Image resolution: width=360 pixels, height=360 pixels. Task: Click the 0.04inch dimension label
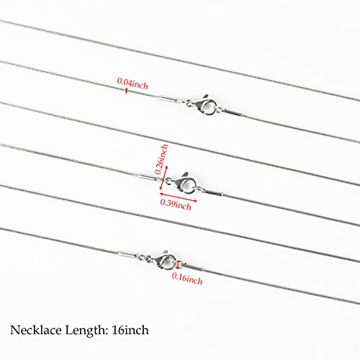click(x=132, y=84)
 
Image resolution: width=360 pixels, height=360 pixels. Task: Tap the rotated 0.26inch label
click(x=161, y=159)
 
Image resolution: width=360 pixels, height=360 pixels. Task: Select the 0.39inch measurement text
click(x=176, y=204)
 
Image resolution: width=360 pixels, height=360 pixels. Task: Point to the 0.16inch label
click(x=187, y=279)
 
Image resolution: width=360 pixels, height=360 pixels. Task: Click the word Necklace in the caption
click(x=36, y=330)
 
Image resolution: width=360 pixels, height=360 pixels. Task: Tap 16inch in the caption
click(x=130, y=330)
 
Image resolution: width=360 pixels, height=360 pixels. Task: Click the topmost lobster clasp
click(x=204, y=105)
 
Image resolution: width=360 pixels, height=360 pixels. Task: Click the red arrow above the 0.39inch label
click(x=179, y=197)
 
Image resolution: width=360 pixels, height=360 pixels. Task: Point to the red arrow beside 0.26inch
click(x=163, y=177)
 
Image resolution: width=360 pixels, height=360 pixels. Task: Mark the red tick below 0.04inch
click(x=126, y=91)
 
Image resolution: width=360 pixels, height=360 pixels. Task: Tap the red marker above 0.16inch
click(x=178, y=264)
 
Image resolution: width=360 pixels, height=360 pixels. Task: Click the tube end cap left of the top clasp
click(x=168, y=99)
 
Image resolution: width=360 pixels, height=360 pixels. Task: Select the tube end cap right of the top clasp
click(x=233, y=113)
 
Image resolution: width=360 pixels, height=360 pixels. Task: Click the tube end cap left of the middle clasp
click(x=148, y=178)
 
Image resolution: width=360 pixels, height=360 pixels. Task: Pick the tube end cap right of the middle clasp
click(x=212, y=192)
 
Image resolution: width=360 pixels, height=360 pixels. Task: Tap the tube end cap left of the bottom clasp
click(x=127, y=255)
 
